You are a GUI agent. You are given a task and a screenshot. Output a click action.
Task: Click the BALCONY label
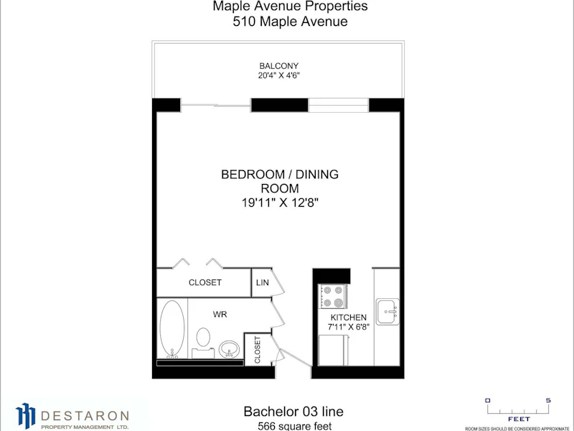point(279,66)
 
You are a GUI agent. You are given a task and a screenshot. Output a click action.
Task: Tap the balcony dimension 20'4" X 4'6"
point(279,75)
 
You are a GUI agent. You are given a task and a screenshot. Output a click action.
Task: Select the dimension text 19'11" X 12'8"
point(280,203)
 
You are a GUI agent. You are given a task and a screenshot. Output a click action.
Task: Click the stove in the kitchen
point(333,296)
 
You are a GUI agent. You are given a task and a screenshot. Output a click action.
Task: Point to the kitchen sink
point(387,312)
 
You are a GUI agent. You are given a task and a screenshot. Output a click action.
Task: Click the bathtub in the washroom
point(172,329)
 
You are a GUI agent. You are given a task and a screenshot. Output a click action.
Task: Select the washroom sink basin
point(229,349)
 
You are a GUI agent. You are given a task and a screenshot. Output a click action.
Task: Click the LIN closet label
point(263,282)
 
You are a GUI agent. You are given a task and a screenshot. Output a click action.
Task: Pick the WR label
point(220,315)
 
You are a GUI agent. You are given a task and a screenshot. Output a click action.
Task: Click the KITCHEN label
point(349,318)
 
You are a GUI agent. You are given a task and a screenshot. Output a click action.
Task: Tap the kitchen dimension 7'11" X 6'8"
point(349,327)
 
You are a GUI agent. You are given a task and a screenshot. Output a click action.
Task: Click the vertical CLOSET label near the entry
point(258,350)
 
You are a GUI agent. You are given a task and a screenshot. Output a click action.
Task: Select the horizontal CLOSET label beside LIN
point(205,282)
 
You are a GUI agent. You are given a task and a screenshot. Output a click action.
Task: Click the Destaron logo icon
point(26,415)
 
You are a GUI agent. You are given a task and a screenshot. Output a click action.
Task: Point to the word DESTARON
point(85,416)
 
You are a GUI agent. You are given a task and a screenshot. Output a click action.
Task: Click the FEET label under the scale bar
point(519,419)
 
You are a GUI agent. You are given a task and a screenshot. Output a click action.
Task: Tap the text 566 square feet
point(295,426)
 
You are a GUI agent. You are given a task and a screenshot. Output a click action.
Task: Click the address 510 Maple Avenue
point(291,22)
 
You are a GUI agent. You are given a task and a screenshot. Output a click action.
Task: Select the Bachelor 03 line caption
point(293,411)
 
